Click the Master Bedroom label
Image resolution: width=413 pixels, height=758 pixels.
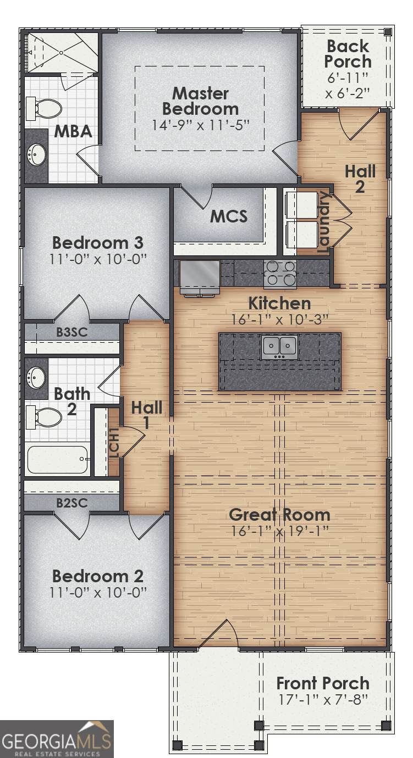pyautogui.click(x=200, y=101)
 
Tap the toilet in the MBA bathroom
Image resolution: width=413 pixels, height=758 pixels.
pyautogui.click(x=45, y=109)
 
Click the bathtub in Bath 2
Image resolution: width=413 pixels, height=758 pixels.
pyautogui.click(x=58, y=460)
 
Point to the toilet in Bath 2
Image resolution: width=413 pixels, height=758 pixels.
pyautogui.click(x=45, y=417)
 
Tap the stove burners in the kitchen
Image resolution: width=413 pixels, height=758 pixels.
pyautogui.click(x=280, y=274)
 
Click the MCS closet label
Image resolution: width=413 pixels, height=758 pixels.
pyautogui.click(x=229, y=216)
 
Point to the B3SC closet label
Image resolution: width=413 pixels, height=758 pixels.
pyautogui.click(x=72, y=332)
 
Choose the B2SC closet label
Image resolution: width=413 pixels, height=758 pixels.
pyautogui.click(x=72, y=503)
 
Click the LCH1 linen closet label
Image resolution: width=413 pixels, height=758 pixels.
pyautogui.click(x=114, y=443)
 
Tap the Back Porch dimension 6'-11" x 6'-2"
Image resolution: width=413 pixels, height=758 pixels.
pyautogui.click(x=348, y=85)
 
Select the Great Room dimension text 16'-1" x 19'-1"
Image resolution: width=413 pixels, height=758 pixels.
pyautogui.click(x=279, y=531)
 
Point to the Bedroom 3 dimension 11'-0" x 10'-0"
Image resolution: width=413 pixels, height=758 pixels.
pyautogui.click(x=98, y=260)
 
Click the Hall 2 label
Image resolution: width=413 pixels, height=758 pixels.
pyautogui.click(x=360, y=179)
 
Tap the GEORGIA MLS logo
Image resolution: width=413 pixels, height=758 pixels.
pyautogui.click(x=57, y=739)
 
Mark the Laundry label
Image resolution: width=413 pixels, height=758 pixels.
pyautogui.click(x=323, y=222)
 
